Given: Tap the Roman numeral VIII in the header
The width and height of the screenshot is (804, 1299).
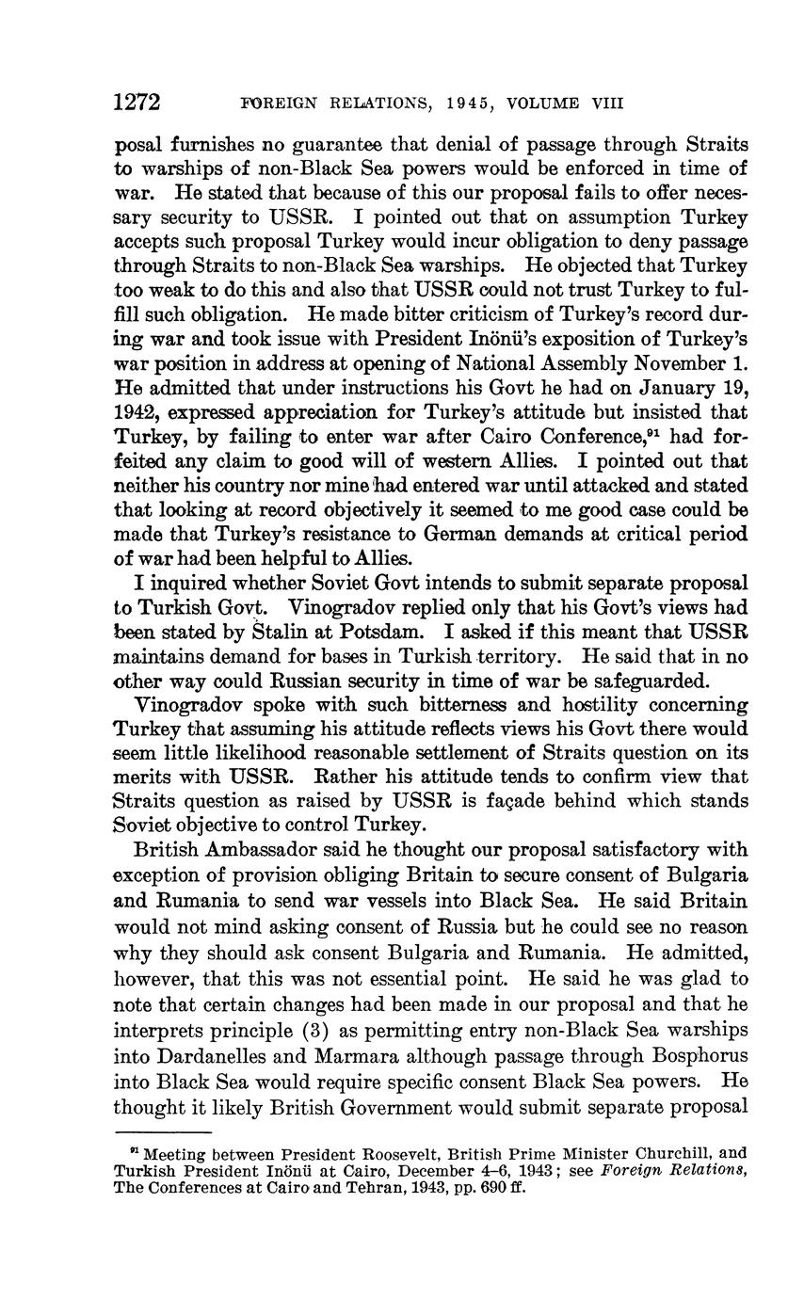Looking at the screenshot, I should [x=606, y=104].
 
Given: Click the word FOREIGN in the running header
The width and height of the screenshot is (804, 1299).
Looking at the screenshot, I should [x=283, y=104].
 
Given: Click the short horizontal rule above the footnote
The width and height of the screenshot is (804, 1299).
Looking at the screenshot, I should [x=163, y=1131].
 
